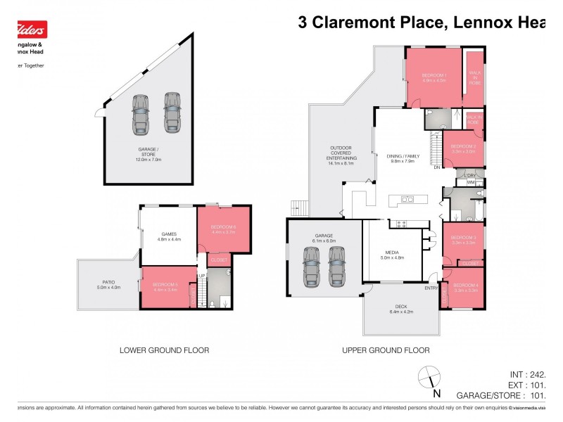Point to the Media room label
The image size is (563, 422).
(391, 254)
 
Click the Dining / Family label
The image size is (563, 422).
(400, 158)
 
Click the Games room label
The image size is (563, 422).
(169, 236)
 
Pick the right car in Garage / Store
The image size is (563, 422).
(172, 113)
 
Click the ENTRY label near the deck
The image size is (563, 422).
(431, 288)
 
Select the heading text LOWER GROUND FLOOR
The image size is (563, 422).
(164, 350)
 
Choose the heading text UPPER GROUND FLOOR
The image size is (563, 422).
(386, 350)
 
